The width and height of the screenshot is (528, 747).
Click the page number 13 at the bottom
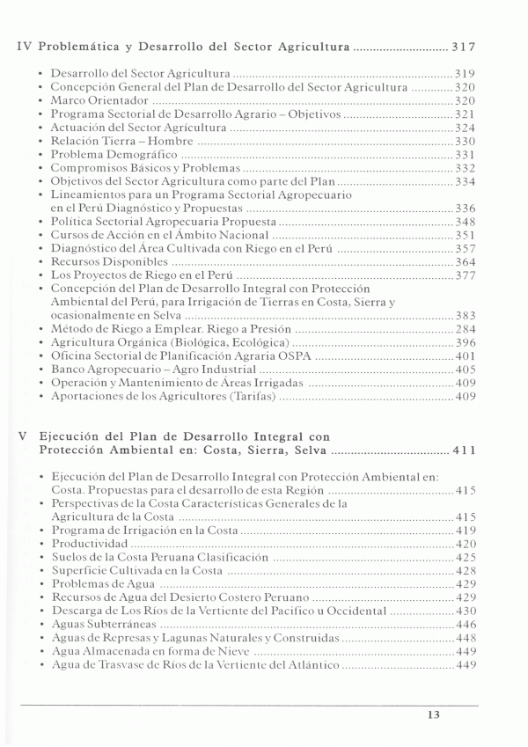coord(432,714)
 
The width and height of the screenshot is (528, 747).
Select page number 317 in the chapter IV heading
coord(464,45)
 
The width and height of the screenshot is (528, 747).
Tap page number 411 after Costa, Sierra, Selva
coord(464,450)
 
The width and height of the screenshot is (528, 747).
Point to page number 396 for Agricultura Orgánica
coord(465,342)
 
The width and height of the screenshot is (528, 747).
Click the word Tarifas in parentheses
coord(250,397)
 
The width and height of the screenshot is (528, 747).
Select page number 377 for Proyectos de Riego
coord(465,275)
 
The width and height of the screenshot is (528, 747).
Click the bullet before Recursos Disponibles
coord(41,262)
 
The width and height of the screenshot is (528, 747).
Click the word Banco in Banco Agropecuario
coord(68,370)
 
